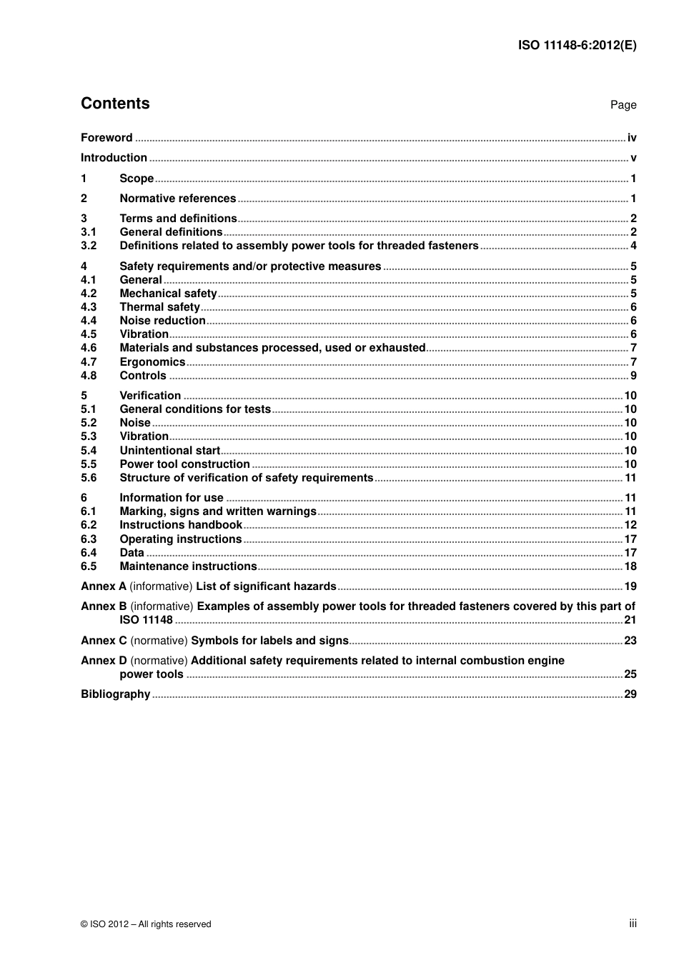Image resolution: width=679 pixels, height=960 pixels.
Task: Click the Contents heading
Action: (x=115, y=104)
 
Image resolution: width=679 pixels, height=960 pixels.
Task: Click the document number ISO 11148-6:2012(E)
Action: (x=577, y=45)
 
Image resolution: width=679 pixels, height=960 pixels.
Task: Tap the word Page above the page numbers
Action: (x=623, y=105)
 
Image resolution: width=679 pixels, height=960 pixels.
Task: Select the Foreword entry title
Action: (x=106, y=138)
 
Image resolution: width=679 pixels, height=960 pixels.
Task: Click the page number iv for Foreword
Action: (x=632, y=138)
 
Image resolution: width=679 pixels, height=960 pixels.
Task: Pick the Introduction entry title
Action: (x=114, y=158)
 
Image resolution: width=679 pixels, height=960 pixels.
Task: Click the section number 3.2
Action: (x=89, y=246)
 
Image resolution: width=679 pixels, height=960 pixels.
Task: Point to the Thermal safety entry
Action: (x=159, y=307)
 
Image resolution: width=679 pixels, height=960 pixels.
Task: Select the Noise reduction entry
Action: (x=162, y=321)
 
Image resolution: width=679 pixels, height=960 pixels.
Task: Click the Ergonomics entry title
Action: (x=152, y=362)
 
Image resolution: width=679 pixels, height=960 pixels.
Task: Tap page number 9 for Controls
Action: (x=633, y=376)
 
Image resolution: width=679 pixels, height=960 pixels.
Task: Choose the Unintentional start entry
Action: (x=169, y=451)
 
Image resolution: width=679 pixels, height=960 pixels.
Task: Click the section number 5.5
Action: (x=89, y=464)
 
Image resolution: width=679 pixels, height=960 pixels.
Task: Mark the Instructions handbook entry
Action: (x=181, y=525)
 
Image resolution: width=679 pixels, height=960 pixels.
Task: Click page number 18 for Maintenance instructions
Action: (x=630, y=566)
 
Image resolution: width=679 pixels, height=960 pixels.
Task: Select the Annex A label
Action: (x=104, y=586)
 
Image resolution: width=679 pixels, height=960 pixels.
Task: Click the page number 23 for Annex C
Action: (x=630, y=641)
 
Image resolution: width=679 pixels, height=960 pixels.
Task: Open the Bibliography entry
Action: (x=115, y=694)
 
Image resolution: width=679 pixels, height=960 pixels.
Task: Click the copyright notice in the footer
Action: (x=146, y=924)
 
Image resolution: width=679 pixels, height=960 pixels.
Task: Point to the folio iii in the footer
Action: (x=633, y=924)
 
